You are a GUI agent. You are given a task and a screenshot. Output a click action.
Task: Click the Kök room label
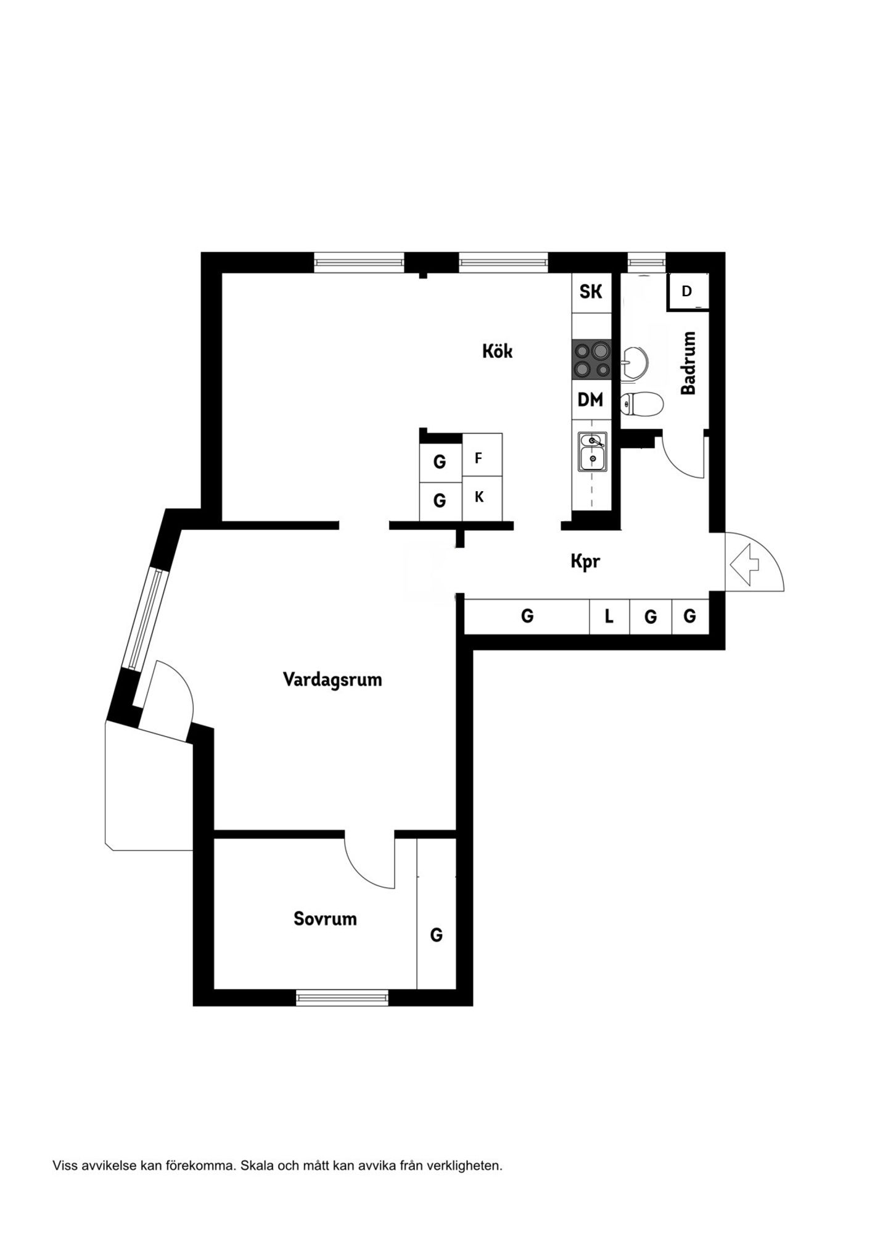pos(497,351)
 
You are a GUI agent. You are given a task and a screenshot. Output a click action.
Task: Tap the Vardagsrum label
pos(332,679)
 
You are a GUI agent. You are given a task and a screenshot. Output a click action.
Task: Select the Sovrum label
pos(325,919)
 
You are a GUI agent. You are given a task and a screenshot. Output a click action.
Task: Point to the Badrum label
pos(688,363)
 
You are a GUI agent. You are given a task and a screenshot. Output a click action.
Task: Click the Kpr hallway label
pos(585,562)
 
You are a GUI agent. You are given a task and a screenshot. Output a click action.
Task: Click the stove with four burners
pos(592,360)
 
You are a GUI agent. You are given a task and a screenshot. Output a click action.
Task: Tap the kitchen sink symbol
pos(592,451)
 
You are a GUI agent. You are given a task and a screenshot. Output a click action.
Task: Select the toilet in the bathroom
pos(641,404)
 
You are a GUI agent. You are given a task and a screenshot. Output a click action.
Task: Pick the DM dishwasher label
pos(590,400)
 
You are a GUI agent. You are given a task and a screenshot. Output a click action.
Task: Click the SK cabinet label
pos(591,291)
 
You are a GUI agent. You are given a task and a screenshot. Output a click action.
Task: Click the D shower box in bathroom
pos(688,291)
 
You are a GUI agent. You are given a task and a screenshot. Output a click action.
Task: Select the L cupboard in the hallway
pos(609,616)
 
